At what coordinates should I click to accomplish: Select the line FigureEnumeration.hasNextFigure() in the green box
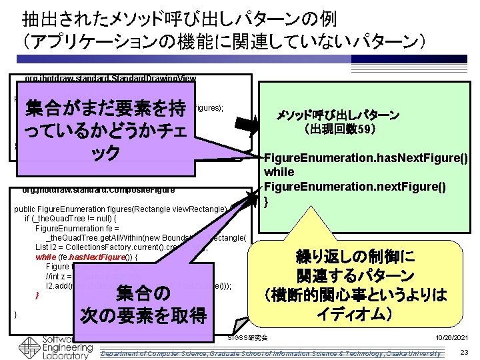tap(366, 159)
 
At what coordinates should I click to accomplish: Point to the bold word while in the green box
tap(279, 173)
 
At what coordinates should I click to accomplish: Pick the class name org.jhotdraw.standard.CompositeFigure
tap(100, 191)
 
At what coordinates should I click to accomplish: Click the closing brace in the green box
tap(267, 201)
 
